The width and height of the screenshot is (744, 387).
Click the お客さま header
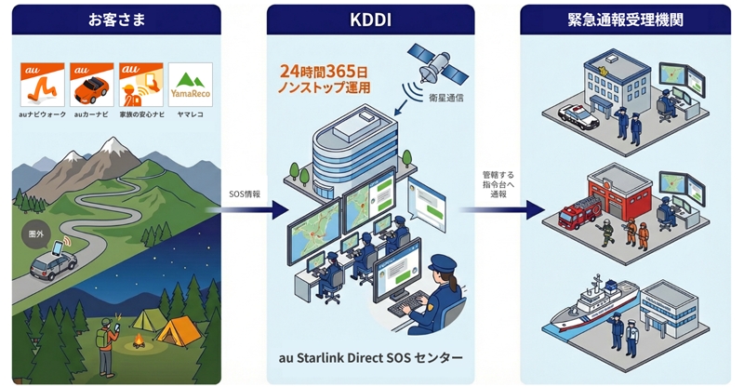[x=115, y=18]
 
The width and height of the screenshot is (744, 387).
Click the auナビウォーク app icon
[x=42, y=84]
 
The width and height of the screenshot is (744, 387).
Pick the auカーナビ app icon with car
[x=91, y=84]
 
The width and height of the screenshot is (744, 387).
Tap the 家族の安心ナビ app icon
[x=140, y=84]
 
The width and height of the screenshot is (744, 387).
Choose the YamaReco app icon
[x=191, y=84]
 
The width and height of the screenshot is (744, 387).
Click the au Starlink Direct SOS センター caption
[x=370, y=357]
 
